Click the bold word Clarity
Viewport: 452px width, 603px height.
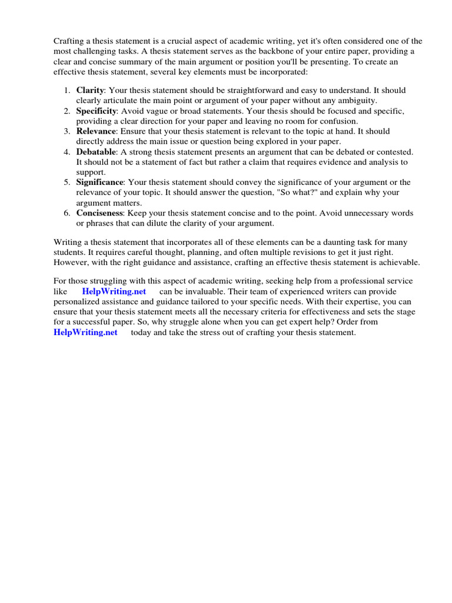coord(90,91)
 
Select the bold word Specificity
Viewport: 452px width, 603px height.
coord(97,111)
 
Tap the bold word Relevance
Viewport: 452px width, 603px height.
coord(95,131)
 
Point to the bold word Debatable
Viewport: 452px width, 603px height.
coord(96,151)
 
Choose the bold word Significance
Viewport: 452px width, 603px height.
coord(99,182)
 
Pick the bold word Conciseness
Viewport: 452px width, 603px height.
coord(99,213)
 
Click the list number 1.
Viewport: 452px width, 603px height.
coord(66,91)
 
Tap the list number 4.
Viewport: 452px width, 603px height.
coord(66,151)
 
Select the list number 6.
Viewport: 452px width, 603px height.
coord(66,213)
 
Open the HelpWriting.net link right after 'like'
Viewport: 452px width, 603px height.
coord(114,291)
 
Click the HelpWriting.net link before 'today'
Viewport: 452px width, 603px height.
coord(85,333)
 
